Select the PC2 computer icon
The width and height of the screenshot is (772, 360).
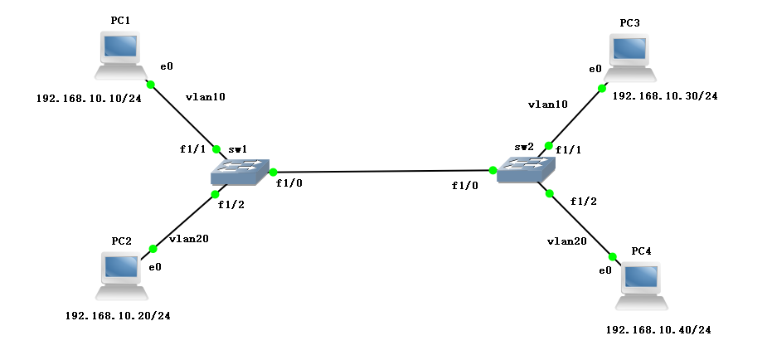(x=121, y=275)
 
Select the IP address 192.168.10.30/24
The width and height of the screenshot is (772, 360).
(x=664, y=96)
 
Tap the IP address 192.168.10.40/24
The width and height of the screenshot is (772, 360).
(x=658, y=330)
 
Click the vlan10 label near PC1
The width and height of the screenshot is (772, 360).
(x=206, y=96)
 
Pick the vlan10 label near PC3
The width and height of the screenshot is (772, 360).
(x=547, y=105)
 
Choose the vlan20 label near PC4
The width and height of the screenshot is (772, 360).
(x=567, y=241)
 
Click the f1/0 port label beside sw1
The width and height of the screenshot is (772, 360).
(x=289, y=183)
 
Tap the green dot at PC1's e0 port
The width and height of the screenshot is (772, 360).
(x=151, y=85)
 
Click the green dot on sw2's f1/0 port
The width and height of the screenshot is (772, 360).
(x=493, y=170)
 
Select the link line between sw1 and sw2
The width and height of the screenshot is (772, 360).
(x=381, y=172)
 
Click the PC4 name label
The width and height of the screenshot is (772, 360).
(x=642, y=251)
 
